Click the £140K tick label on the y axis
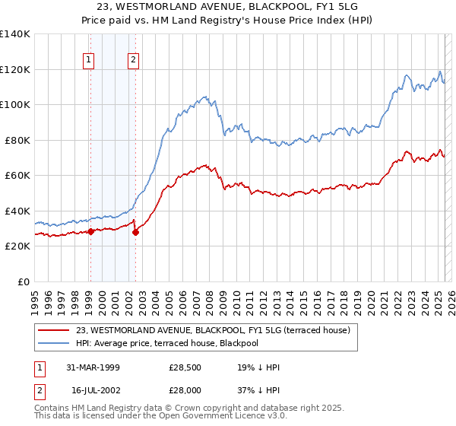[x=15, y=34]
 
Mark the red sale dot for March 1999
[x=90, y=231]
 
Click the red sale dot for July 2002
[x=135, y=232]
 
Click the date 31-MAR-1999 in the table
[x=93, y=367]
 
